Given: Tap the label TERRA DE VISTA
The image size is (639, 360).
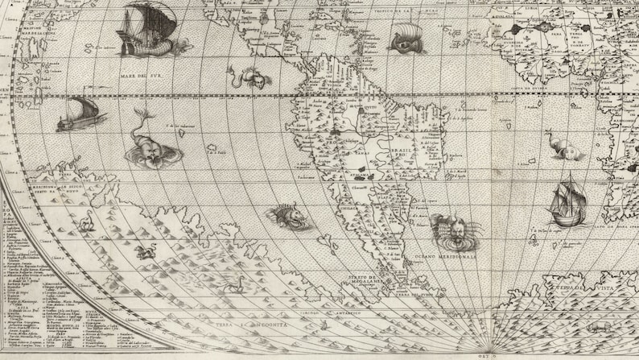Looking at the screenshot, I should (x=591, y=287).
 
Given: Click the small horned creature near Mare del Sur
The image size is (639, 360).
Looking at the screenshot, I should (x=249, y=78).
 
